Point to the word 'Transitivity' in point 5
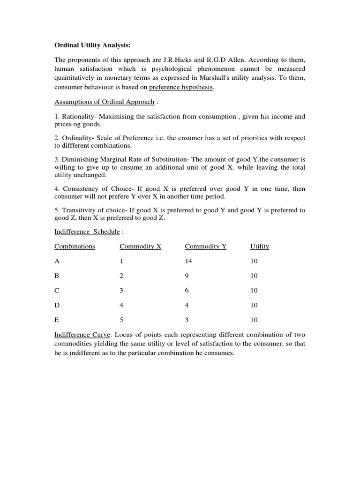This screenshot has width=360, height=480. pos(81,210)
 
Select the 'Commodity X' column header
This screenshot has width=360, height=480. pos(140,246)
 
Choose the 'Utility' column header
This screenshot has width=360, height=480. pos(260,246)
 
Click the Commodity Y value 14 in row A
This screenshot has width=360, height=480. pos(189,261)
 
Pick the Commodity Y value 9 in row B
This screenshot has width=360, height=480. pos(187,276)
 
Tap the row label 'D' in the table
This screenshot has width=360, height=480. pos(57,305)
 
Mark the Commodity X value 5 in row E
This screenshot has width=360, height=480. pos(122,320)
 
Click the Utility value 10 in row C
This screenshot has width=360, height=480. pos(254,291)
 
